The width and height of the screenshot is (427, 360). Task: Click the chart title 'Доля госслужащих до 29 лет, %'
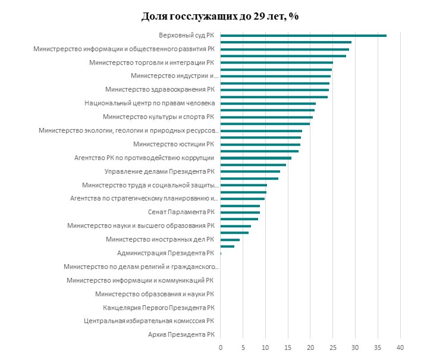[x=220, y=16]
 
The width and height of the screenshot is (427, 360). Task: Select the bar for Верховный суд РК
[x=303, y=36]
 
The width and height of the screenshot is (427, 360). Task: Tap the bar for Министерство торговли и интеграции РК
[x=277, y=62]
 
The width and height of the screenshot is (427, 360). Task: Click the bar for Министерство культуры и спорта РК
[x=266, y=117]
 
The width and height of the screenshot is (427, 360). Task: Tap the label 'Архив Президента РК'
[x=181, y=335]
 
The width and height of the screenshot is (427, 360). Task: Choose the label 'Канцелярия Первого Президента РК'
[x=158, y=308]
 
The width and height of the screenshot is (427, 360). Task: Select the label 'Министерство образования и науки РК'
[x=155, y=294]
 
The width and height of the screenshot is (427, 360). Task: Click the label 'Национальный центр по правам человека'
[x=150, y=104]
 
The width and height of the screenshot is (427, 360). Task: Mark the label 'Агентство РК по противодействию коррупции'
[x=144, y=158]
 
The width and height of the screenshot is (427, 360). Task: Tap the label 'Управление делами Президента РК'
[x=159, y=172]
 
